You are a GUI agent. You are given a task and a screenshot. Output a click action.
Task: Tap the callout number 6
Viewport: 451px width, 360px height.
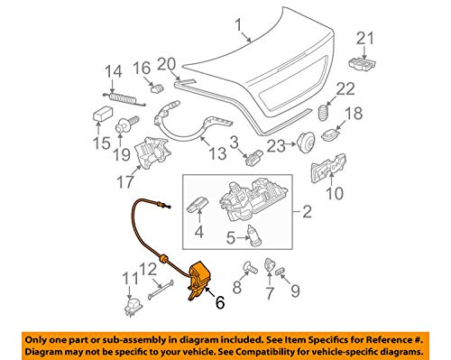coord(220,302)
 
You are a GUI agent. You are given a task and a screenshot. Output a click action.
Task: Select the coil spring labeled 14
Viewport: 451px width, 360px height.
coord(124,98)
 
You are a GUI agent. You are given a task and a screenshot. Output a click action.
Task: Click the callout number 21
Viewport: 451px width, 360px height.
coord(365,39)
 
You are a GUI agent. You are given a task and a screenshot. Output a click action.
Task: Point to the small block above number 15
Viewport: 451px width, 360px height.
coord(103,113)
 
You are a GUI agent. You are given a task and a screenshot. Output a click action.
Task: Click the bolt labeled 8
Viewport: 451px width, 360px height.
coord(250,267)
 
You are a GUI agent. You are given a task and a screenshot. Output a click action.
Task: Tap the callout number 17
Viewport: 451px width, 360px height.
coord(125,181)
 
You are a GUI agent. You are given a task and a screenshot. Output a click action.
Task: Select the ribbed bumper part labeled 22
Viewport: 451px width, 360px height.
coord(323,113)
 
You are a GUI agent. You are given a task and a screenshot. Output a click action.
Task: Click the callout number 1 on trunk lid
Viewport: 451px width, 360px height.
coord(238,25)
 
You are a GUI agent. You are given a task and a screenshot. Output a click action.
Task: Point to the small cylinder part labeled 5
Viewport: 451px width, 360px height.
coord(254,235)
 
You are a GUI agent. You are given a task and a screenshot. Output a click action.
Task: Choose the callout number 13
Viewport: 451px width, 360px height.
coord(217,153)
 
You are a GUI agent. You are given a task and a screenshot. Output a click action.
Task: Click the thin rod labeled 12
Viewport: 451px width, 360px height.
coord(161,289)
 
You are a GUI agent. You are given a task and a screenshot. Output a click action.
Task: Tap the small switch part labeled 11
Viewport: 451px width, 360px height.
coord(133,305)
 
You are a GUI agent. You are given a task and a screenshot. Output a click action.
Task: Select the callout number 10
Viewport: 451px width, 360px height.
coord(335,193)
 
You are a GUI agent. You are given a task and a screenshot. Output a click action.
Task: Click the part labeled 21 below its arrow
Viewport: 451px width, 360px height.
coord(362,64)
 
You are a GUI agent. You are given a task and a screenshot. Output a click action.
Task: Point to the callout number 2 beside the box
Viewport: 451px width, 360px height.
coord(307,212)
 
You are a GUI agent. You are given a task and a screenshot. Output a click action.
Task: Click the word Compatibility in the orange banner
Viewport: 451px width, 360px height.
coord(261,351)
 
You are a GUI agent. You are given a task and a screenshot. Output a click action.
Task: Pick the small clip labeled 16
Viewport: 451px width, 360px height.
coord(157,88)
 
